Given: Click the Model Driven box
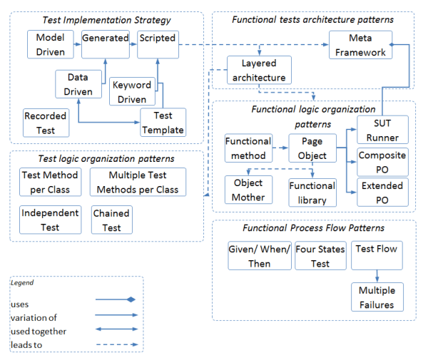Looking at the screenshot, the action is point(51,44).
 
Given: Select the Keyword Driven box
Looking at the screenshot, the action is point(132,91).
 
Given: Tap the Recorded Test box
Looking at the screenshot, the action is point(46,123).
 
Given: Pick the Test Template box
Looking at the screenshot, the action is point(163,123).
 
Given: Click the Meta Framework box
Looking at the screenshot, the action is point(360,45).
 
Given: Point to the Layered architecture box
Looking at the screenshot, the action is point(259,70).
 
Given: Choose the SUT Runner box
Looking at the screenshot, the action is point(382,130).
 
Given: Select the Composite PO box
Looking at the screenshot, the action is point(382,162).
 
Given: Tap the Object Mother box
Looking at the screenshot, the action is point(248,190).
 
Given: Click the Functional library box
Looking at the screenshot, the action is point(312,192).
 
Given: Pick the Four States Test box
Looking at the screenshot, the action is point(320,256).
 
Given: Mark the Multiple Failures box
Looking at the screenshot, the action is point(377,297).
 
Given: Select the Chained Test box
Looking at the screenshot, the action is point(112,220).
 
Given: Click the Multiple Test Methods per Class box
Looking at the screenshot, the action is point(138,182).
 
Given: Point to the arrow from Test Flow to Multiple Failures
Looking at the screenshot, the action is point(377,276).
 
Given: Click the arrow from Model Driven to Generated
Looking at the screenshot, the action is point(78,44).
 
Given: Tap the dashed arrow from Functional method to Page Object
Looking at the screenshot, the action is point(280,148).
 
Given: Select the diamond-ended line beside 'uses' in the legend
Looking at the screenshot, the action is point(116,299).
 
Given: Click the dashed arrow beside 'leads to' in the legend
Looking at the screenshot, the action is point(117,344).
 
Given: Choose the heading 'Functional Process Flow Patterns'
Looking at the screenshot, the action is point(313,228).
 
